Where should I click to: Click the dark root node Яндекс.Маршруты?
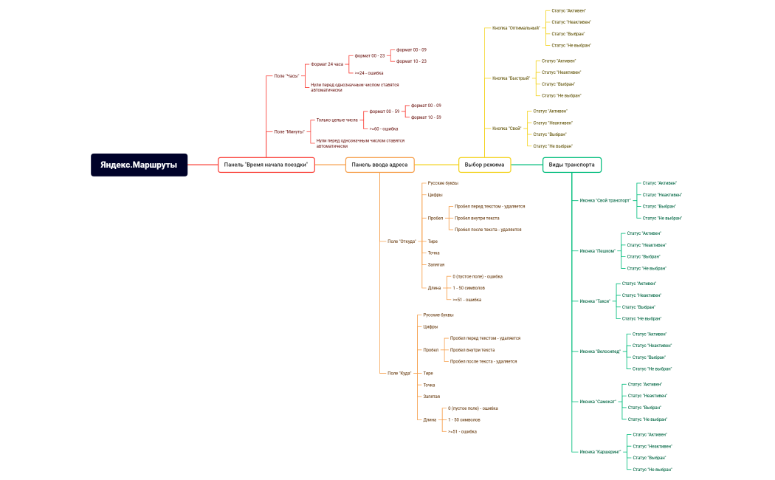(139, 165)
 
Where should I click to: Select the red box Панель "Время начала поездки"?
(266, 165)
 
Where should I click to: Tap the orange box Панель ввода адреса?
(379, 165)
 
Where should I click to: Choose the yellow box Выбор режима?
(484, 165)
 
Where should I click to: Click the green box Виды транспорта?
(571, 165)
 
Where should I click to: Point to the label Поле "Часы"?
(286, 76)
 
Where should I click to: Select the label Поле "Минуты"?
(289, 131)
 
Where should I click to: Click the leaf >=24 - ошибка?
(369, 72)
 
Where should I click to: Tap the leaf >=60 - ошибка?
(384, 128)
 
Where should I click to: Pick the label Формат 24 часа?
(327, 64)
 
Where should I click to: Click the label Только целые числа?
(337, 120)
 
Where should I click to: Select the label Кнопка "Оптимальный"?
(516, 28)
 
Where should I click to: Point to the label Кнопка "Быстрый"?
(511, 78)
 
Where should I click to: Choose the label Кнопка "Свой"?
(506, 128)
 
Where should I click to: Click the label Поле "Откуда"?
(402, 241)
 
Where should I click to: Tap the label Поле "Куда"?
(399, 373)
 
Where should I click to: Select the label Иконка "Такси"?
(595, 301)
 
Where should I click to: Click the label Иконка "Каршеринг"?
(600, 452)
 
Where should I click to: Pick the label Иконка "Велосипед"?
(600, 352)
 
